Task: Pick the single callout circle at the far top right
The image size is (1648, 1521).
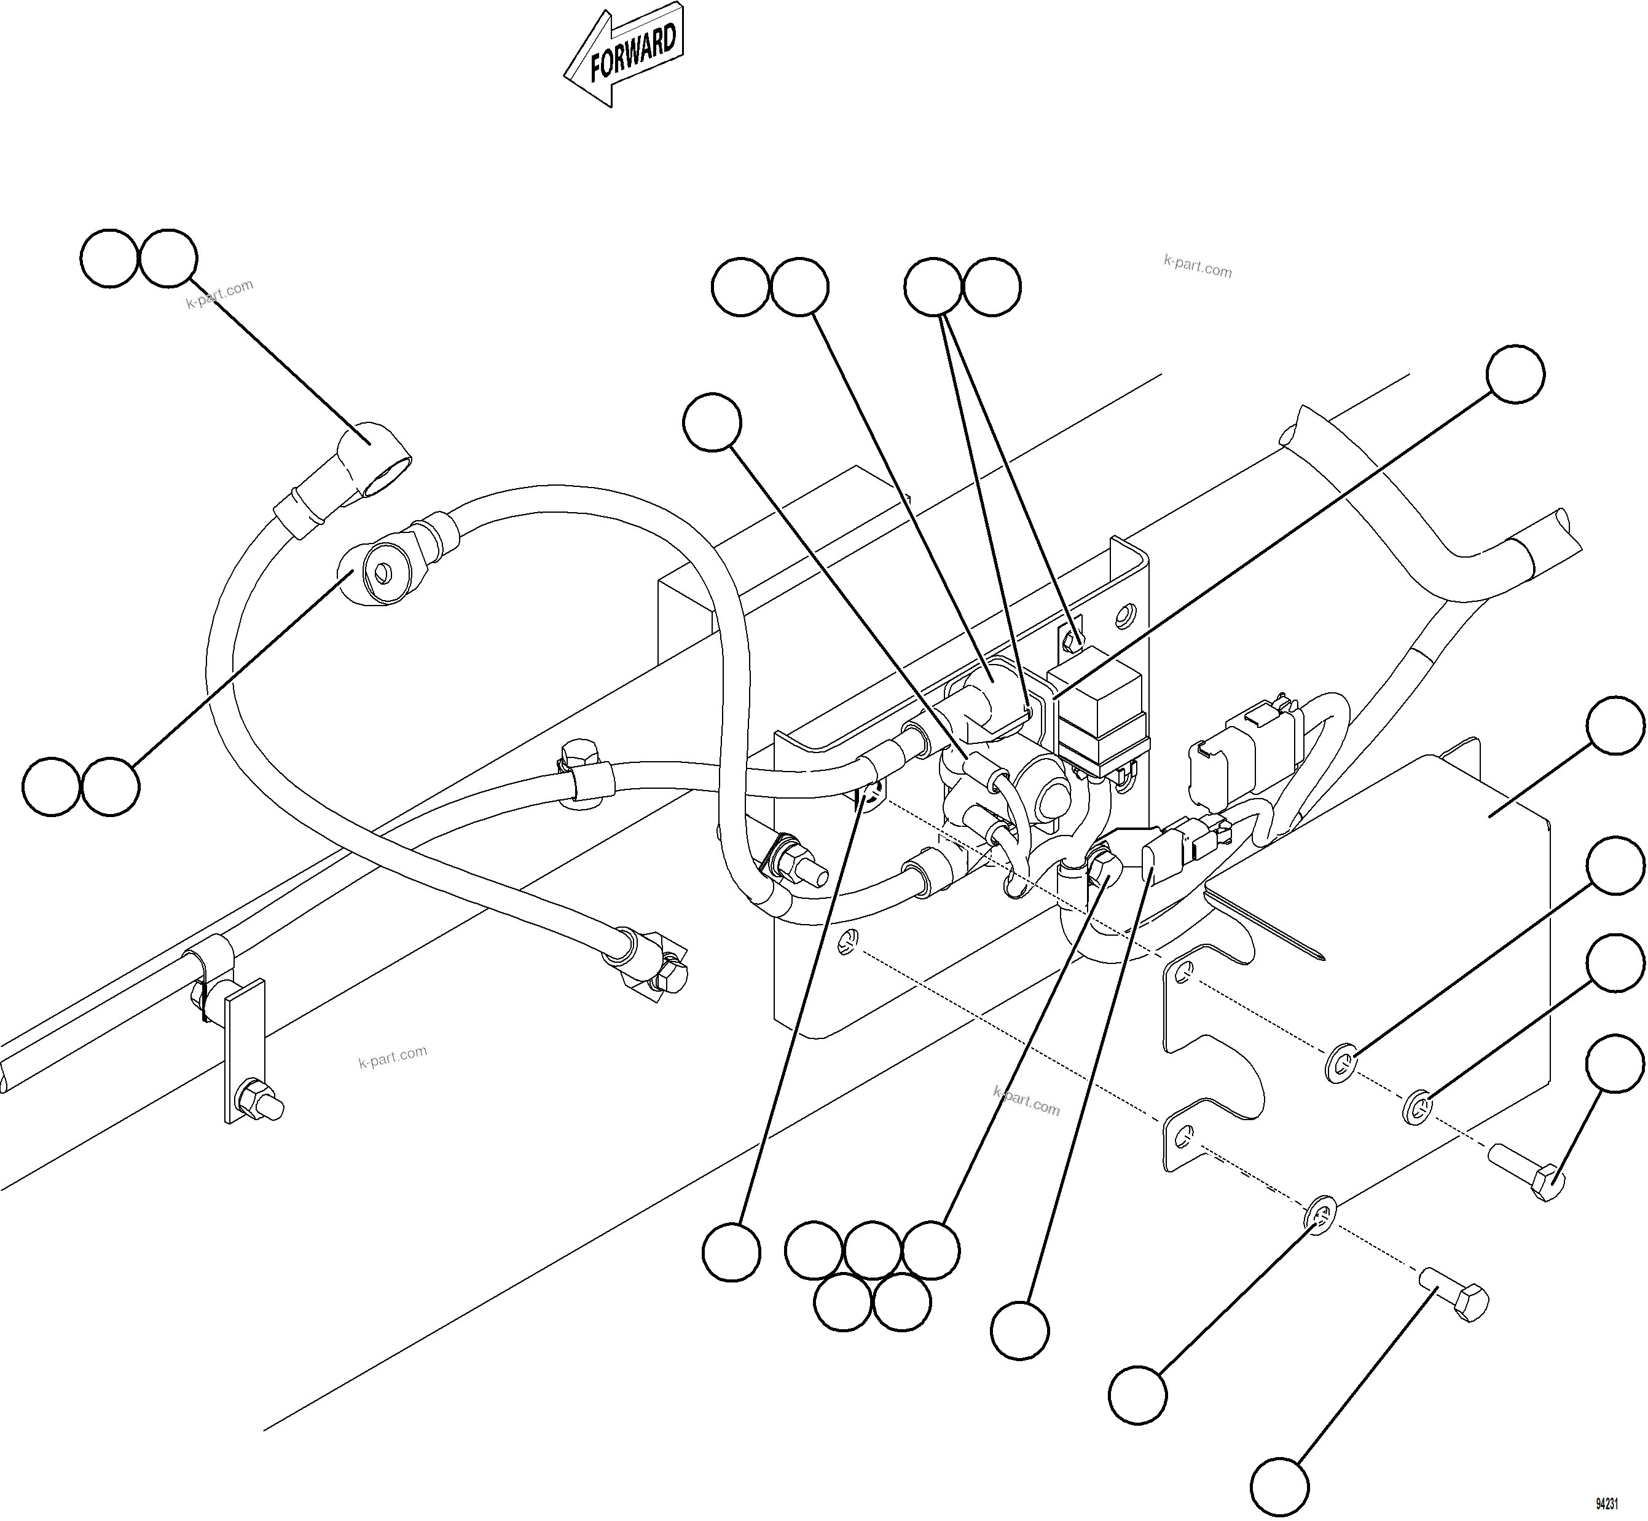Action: (1515, 374)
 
